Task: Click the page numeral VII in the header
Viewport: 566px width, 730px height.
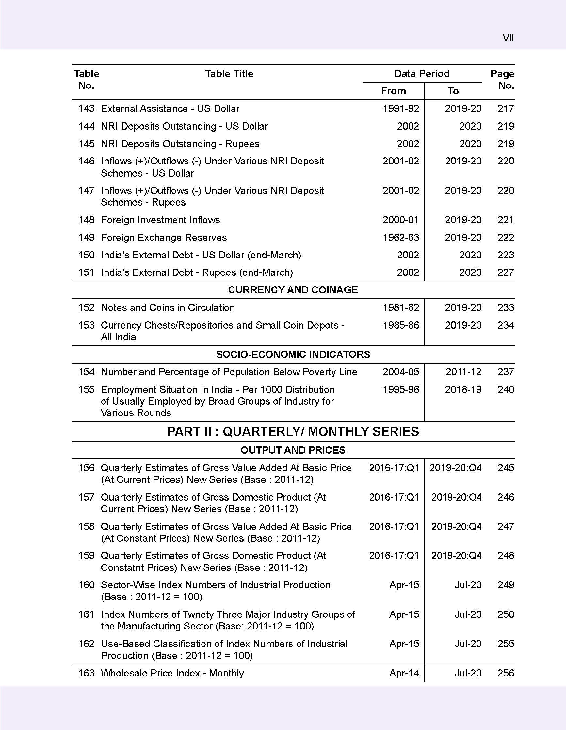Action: click(508, 38)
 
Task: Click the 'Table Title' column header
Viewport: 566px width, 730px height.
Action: click(229, 73)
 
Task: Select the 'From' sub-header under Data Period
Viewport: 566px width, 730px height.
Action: click(393, 91)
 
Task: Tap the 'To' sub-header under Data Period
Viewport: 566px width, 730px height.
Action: click(453, 91)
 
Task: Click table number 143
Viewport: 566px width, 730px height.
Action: click(86, 109)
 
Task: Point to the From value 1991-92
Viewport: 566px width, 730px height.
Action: click(400, 109)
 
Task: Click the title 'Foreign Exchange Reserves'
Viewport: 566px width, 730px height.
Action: click(164, 237)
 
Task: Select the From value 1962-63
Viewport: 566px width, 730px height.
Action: click(400, 237)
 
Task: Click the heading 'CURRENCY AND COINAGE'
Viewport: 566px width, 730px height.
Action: click(293, 290)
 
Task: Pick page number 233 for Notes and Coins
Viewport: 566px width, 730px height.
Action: click(506, 307)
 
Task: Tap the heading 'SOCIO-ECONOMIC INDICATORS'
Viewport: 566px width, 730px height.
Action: click(293, 354)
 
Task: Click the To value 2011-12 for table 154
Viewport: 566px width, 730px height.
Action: click(463, 372)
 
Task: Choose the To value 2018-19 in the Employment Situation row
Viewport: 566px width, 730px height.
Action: click(463, 389)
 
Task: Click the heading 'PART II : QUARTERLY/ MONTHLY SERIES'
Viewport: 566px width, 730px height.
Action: click(293, 431)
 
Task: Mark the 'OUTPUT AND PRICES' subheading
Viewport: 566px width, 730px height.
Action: click(293, 450)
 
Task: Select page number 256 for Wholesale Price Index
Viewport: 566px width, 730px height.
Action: click(506, 673)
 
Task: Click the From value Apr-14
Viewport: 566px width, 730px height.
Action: click(404, 673)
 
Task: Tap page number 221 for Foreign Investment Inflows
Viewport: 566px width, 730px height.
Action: click(506, 220)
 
